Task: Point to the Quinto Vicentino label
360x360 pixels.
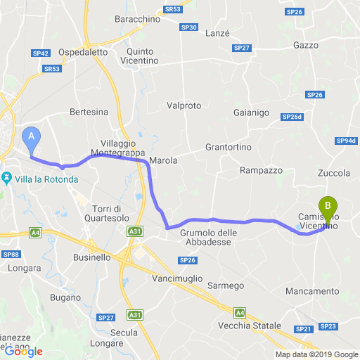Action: coord(147,56)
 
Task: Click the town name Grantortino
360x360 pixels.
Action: coord(229,147)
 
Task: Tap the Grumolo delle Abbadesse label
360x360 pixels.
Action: coord(210,238)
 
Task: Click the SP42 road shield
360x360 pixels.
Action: coord(40,53)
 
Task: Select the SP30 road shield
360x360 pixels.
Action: coord(188,27)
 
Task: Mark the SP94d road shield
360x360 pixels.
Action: coord(347,141)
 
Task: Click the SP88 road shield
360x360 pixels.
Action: coord(11,254)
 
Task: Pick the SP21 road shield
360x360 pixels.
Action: coord(304,329)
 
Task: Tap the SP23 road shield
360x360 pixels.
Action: coord(328,326)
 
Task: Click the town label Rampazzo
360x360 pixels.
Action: coord(261,170)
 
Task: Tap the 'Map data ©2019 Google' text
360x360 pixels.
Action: coord(316,354)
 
